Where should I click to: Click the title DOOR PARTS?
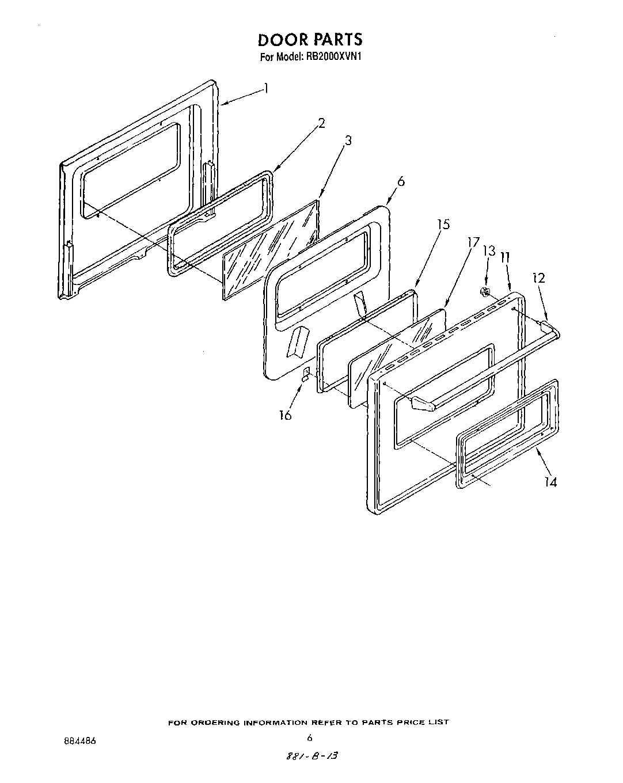310,40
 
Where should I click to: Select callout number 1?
265,88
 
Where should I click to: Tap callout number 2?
321,123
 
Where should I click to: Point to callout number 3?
348,140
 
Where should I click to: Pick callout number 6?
401,181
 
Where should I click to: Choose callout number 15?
443,225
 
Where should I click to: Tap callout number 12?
538,278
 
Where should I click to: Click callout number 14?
551,482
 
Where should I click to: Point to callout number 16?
285,415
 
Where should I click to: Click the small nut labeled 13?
485,292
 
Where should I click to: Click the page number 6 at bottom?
310,738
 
